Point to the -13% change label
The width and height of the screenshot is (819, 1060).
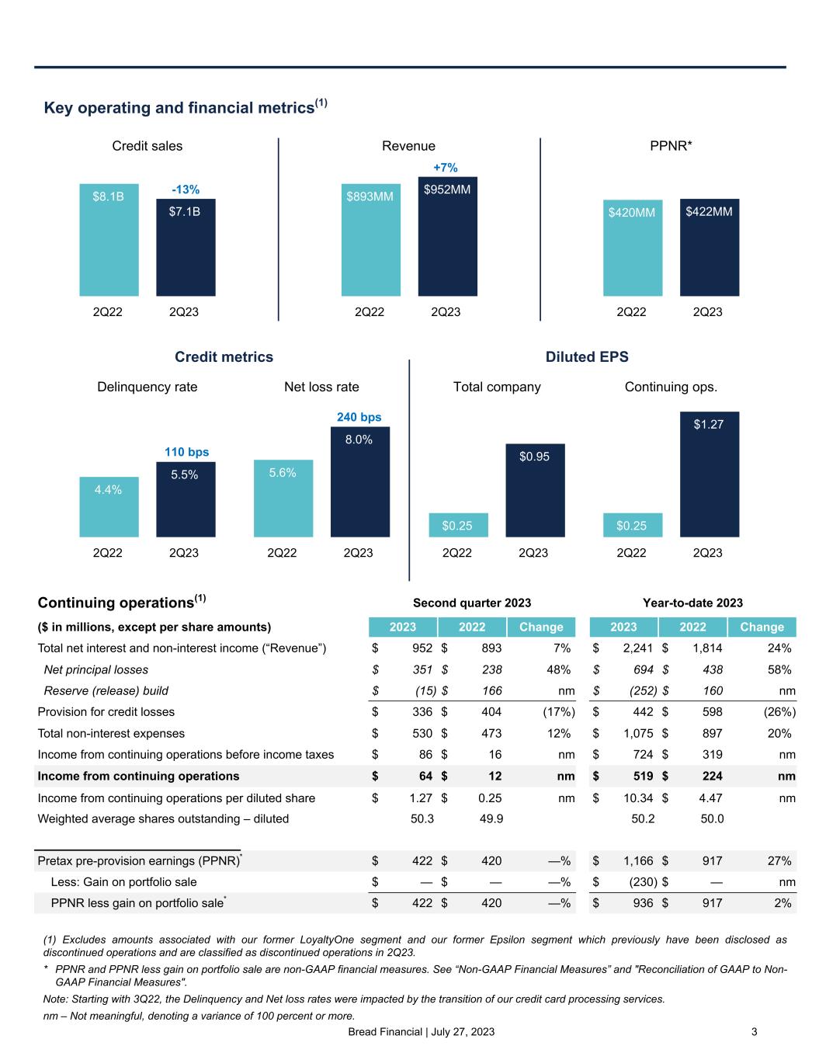186,189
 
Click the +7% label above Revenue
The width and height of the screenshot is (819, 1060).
445,167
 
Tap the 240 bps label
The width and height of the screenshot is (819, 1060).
359,417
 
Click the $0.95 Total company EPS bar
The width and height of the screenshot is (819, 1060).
535,490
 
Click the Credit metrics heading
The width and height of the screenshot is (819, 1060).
224,356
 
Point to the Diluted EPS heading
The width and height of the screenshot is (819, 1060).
587,356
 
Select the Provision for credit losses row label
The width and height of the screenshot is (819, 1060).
106,712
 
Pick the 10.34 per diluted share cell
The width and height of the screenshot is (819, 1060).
637,797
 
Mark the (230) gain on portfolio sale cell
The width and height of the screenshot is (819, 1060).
641,882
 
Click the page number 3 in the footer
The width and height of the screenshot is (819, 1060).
754,1032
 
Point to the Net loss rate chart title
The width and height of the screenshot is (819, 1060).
321,387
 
